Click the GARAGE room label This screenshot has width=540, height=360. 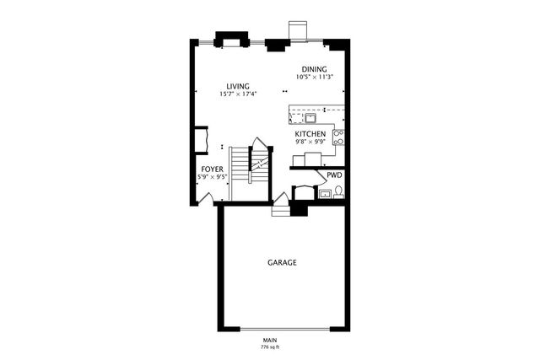tap(282, 263)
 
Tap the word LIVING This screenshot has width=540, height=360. tap(237, 85)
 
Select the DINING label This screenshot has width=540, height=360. tap(315, 69)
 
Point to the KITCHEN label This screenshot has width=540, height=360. tap(310, 134)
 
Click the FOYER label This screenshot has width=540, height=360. tap(212, 169)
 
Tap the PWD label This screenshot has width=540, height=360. tap(335, 176)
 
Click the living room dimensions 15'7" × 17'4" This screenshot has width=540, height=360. tap(237, 94)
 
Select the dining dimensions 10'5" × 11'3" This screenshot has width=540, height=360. tap(315, 77)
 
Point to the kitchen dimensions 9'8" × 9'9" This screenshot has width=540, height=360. tap(310, 142)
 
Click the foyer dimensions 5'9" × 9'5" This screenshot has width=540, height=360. tap(212, 177)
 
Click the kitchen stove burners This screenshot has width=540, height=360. tap(338, 137)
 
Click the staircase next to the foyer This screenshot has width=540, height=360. tap(241, 164)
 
